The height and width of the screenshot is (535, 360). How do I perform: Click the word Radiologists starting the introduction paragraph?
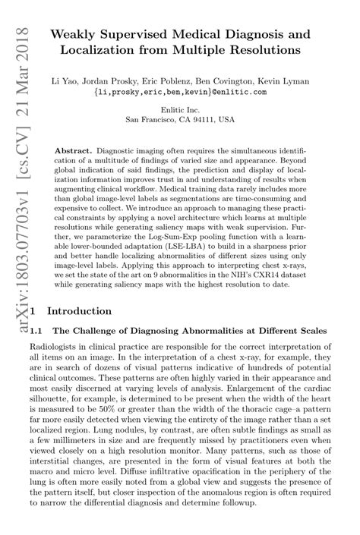pyautogui.click(x=51, y=347)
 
